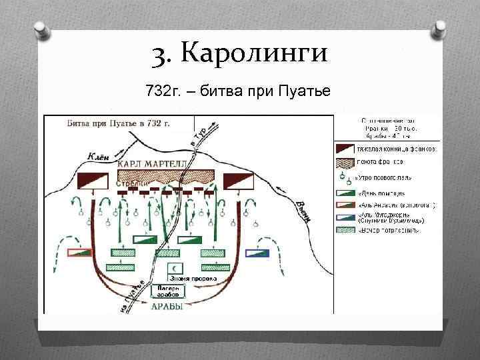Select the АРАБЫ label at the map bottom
coord(167,306)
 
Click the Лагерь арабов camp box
coord(168,291)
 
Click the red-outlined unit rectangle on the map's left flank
coord(80,253)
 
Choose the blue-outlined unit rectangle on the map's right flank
coord(257,253)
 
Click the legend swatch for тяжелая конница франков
coord(344,148)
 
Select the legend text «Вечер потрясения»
coord(389,231)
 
